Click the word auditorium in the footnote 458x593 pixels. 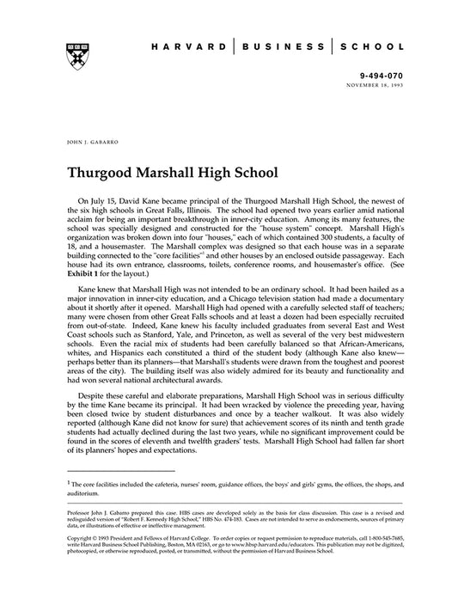(86, 494)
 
